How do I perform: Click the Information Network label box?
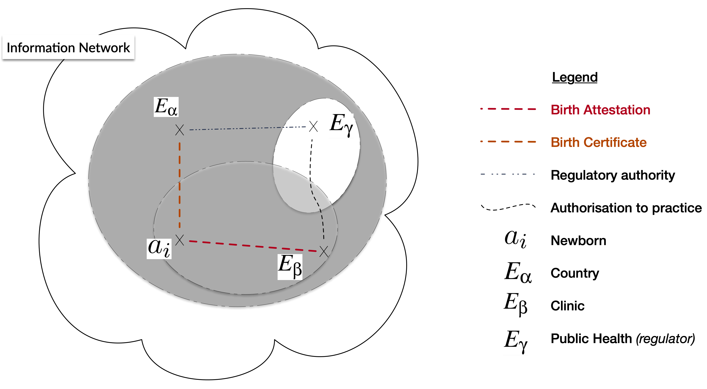(x=68, y=47)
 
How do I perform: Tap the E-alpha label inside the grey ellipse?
(x=166, y=107)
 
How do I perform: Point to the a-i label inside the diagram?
(x=159, y=248)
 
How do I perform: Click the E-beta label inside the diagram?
(x=290, y=267)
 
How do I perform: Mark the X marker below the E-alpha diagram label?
(x=179, y=130)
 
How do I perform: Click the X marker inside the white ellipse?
(x=313, y=126)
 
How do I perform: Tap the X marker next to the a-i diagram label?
(x=179, y=240)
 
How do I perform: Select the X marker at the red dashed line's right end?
(x=324, y=251)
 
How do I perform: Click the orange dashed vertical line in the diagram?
(x=179, y=184)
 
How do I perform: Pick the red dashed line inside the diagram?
(x=252, y=246)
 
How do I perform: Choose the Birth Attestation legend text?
(x=600, y=110)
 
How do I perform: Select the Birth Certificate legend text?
(x=599, y=142)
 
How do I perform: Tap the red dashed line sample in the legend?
(x=508, y=109)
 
